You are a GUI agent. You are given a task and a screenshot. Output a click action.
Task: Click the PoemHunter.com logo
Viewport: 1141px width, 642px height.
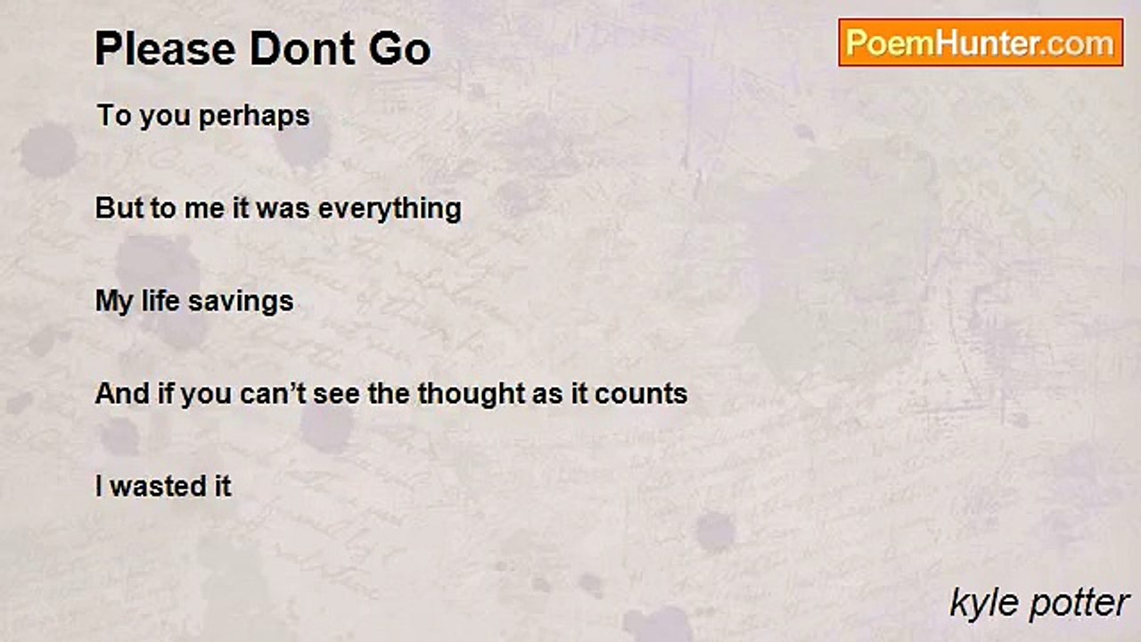coord(981,42)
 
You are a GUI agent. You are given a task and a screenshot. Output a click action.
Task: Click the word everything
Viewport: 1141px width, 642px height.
coord(390,209)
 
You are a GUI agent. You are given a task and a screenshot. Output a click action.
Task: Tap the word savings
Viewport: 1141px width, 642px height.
coord(248,301)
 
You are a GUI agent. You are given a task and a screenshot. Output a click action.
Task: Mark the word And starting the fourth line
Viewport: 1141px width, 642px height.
coord(120,393)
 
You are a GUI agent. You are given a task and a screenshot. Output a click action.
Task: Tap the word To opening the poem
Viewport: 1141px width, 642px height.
coord(112,116)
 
